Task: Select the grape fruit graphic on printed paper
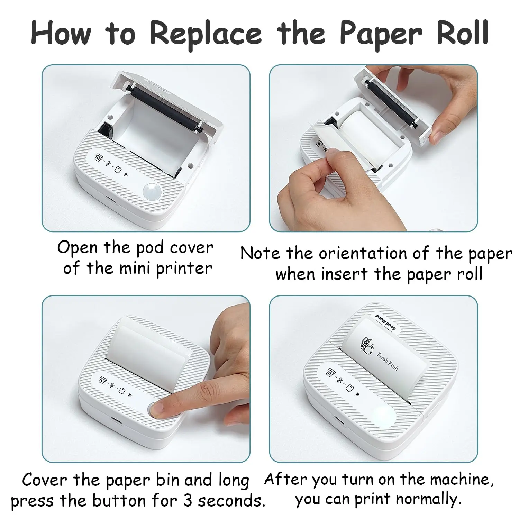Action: (x=366, y=345)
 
